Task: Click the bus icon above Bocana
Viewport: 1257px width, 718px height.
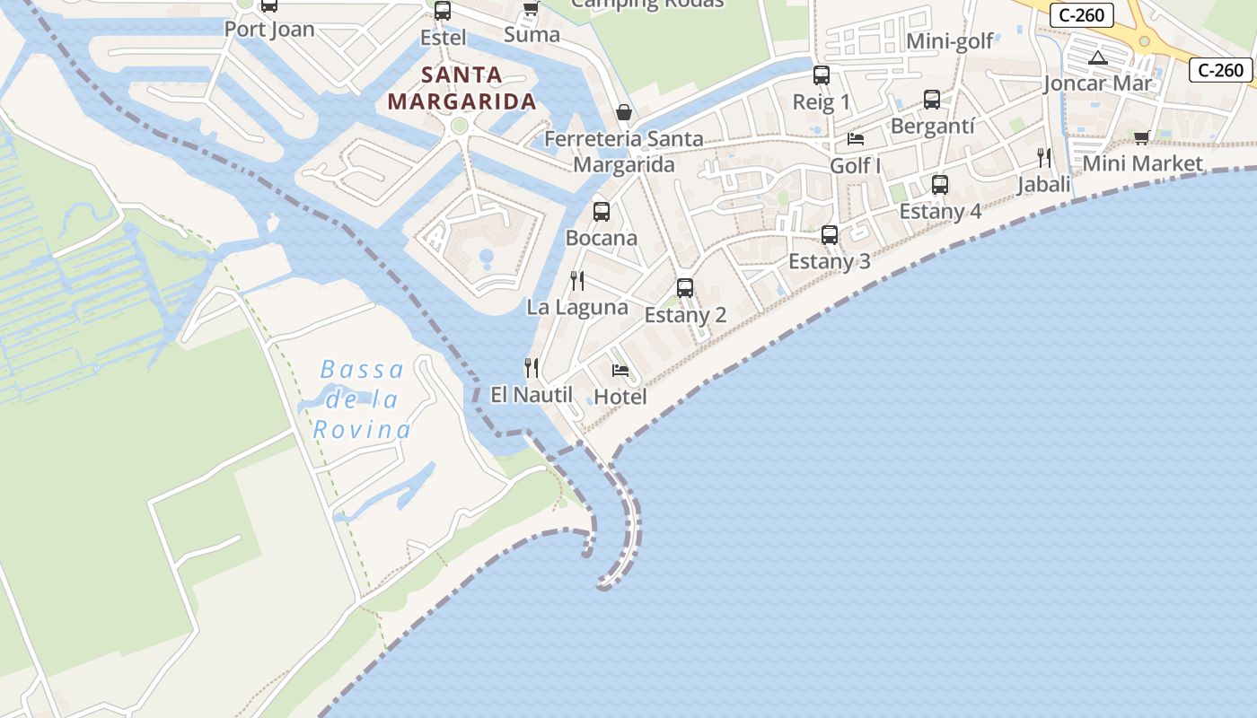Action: click(x=602, y=212)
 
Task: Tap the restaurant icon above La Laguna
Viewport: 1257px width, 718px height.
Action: click(x=577, y=281)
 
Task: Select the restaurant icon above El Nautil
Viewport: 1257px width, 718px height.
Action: click(x=532, y=367)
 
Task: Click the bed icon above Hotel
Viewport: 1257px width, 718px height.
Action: click(x=620, y=370)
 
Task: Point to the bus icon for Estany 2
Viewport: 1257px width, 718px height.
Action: click(x=685, y=288)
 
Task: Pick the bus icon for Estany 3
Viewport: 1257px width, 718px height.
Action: click(x=830, y=235)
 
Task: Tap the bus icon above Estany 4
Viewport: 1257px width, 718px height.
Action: click(x=940, y=185)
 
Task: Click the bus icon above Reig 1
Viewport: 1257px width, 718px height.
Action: click(x=822, y=75)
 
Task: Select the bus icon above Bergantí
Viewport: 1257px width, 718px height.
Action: click(x=932, y=100)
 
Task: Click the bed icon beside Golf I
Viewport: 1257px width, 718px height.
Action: click(x=856, y=139)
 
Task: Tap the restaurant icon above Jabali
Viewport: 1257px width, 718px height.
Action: click(x=1043, y=158)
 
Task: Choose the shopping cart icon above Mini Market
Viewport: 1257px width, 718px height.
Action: click(x=1141, y=137)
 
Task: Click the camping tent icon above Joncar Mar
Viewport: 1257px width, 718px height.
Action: click(x=1097, y=58)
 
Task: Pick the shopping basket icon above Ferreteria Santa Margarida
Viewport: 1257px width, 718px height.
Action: click(x=624, y=112)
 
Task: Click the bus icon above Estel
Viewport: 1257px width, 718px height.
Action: click(x=443, y=11)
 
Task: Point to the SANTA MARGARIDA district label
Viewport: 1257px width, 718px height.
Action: click(x=462, y=88)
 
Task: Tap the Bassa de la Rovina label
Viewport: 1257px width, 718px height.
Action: click(x=363, y=399)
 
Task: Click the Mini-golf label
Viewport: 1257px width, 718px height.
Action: click(x=950, y=41)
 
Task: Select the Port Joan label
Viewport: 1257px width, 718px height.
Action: click(x=269, y=29)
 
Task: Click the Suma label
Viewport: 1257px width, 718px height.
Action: click(x=532, y=35)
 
